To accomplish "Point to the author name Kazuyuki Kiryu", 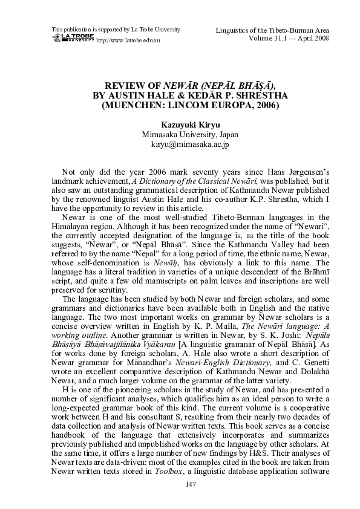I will [180, 125].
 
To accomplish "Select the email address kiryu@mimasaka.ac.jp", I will [180, 144].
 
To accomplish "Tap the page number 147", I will [180, 485].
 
